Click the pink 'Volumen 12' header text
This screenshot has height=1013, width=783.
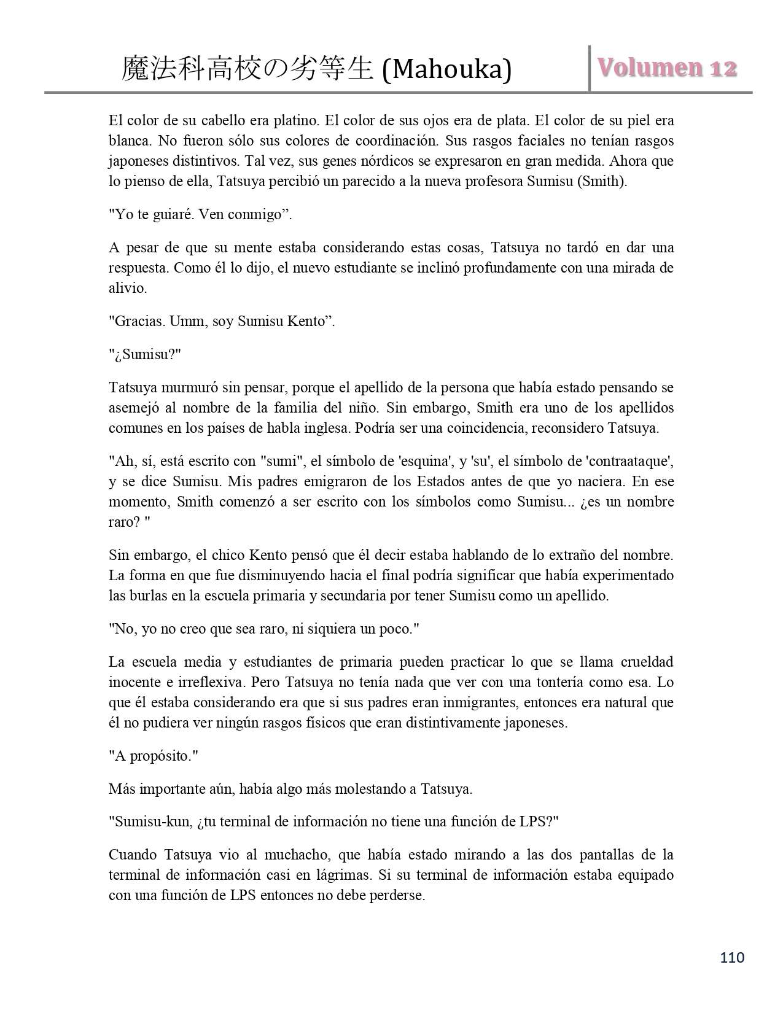tap(668, 68)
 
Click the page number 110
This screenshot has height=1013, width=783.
tap(732, 957)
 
